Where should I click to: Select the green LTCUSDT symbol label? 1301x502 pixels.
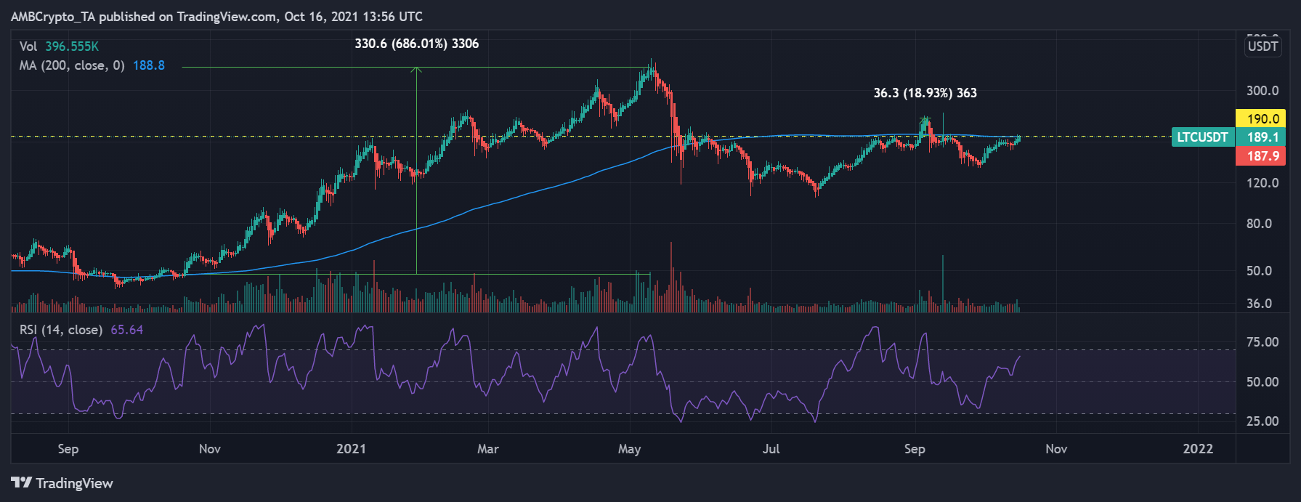[x=1202, y=137]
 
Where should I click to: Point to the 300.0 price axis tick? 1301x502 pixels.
[x=1263, y=91]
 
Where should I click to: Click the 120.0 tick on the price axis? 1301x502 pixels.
[x=1263, y=183]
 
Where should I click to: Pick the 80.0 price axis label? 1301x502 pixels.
[x=1259, y=224]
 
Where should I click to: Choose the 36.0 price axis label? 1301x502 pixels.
[x=1259, y=304]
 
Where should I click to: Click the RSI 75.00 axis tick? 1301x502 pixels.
[x=1263, y=342]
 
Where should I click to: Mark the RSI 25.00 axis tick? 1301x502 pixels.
[x=1263, y=421]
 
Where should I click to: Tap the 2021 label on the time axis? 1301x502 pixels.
[x=351, y=449]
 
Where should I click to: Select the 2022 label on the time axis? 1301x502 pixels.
[x=1198, y=449]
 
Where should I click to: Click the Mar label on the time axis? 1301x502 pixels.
[x=488, y=449]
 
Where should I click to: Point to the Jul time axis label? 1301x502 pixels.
[x=771, y=449]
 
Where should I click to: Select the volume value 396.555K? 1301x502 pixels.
[x=72, y=46]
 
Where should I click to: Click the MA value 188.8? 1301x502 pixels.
[x=149, y=65]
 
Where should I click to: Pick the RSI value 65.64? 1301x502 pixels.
[x=127, y=330]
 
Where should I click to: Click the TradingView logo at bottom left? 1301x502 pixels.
[x=62, y=483]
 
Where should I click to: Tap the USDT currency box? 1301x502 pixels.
[x=1263, y=46]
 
